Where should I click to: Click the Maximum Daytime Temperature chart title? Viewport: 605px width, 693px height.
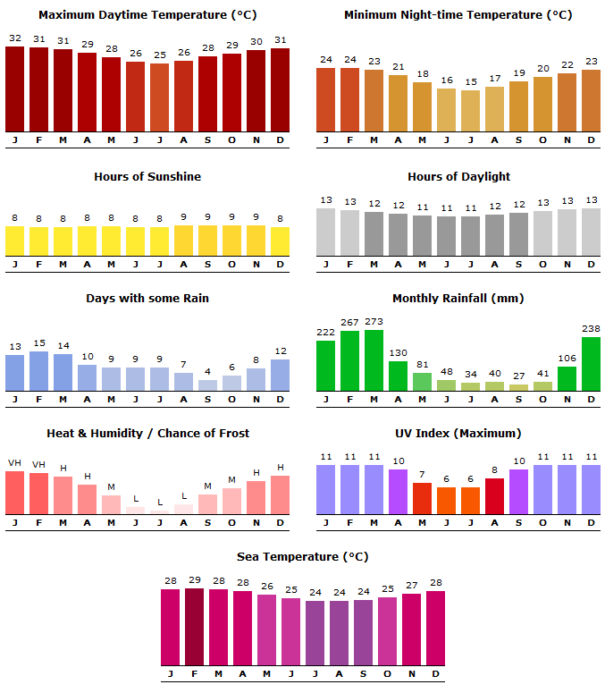click(147, 15)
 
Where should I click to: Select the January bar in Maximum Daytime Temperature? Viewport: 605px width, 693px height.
click(15, 89)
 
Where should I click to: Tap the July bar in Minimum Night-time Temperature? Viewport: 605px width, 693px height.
click(470, 111)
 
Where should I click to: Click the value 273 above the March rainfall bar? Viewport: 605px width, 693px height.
click(374, 322)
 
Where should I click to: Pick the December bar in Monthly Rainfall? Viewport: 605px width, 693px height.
click(591, 364)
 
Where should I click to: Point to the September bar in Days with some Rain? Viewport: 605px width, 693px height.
click(207, 385)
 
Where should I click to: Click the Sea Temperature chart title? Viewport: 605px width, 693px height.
click(302, 557)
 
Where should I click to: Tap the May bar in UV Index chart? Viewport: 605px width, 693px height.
click(422, 498)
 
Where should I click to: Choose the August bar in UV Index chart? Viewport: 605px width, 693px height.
click(494, 496)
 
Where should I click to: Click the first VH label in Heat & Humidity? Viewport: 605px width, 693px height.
click(15, 463)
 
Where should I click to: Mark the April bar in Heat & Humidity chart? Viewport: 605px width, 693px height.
click(88, 499)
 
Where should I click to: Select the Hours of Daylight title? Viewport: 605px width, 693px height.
click(458, 177)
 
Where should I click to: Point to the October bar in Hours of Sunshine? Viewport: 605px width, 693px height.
click(231, 241)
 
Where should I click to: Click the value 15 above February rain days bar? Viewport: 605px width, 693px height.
click(39, 343)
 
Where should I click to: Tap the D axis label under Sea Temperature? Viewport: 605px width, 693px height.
click(435, 673)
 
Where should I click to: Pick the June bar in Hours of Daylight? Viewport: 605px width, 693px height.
click(446, 236)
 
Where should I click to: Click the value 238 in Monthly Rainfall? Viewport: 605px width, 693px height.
click(591, 328)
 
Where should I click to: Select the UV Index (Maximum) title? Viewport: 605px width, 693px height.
click(458, 434)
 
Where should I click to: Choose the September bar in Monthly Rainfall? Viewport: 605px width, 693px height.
click(518, 388)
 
